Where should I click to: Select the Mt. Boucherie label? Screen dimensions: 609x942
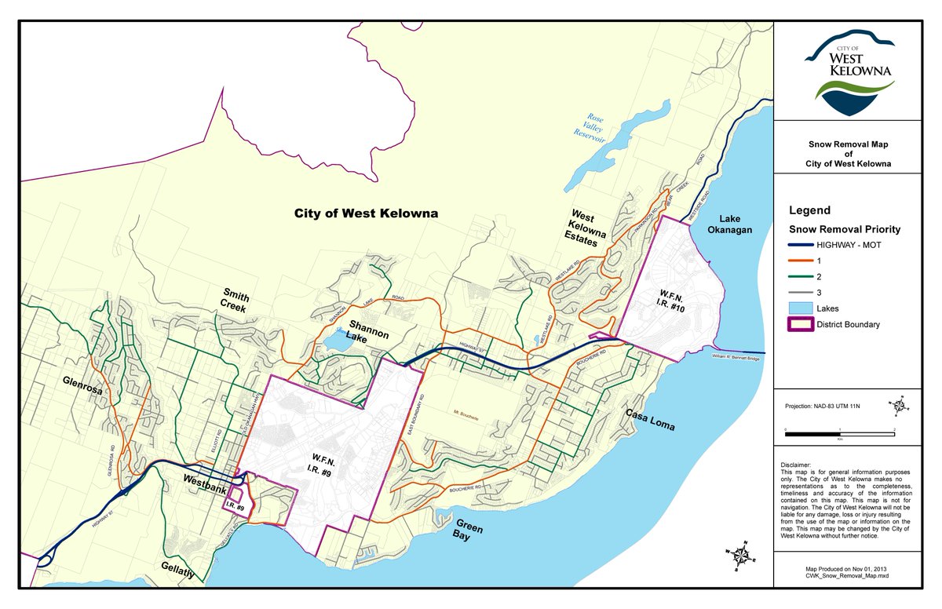[466, 410]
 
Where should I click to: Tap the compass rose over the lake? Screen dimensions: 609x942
[739, 556]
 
